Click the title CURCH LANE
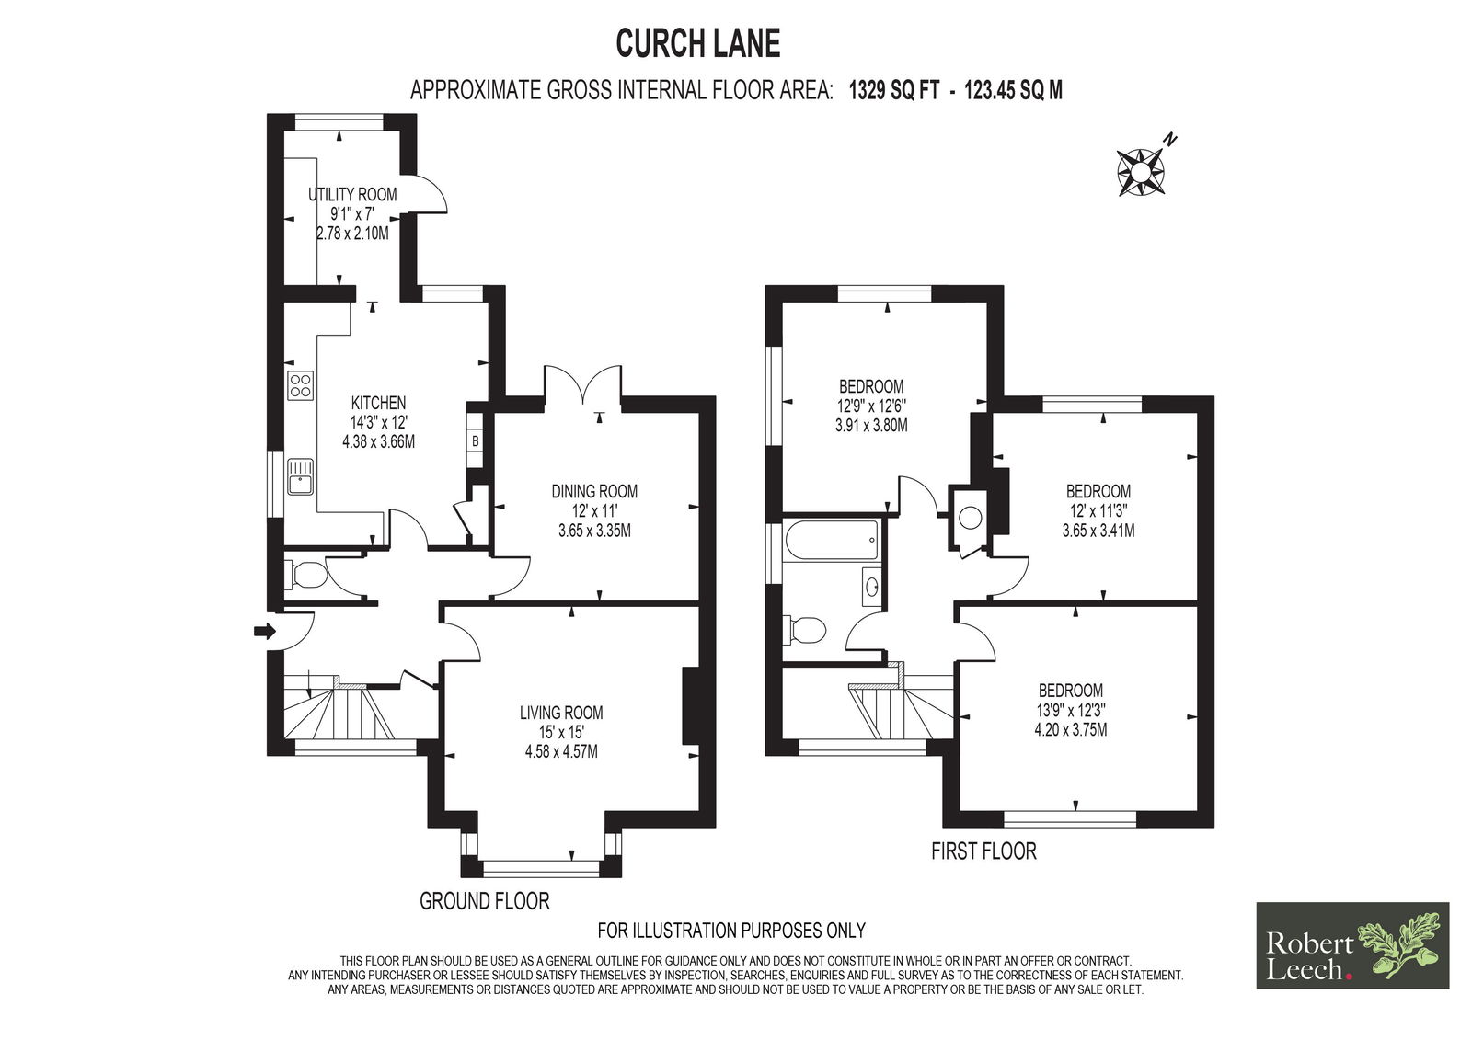pyautogui.click(x=697, y=43)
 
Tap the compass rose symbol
pyautogui.click(x=1140, y=171)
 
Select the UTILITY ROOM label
pyautogui.click(x=352, y=194)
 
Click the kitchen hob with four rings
pyautogui.click(x=301, y=386)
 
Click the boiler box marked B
pyautogui.click(x=475, y=441)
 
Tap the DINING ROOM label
pyautogui.click(x=594, y=491)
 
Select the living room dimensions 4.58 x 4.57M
pyautogui.click(x=561, y=751)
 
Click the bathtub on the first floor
pyautogui.click(x=832, y=540)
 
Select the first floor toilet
pyautogui.click(x=806, y=631)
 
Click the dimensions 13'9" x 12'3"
pyautogui.click(x=1070, y=710)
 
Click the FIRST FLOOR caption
pyautogui.click(x=983, y=851)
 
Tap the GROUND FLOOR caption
pyautogui.click(x=484, y=901)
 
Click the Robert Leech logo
pyautogui.click(x=1352, y=945)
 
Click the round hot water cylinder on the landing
pyautogui.click(x=970, y=517)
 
